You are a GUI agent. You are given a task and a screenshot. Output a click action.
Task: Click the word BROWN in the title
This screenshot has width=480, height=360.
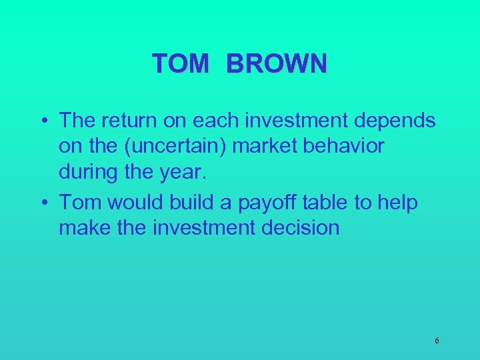click(x=277, y=64)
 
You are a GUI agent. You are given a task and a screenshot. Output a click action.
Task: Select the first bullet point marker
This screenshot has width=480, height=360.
click(x=43, y=122)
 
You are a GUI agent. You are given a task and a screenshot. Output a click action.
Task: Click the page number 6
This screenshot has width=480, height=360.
click(x=437, y=341)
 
